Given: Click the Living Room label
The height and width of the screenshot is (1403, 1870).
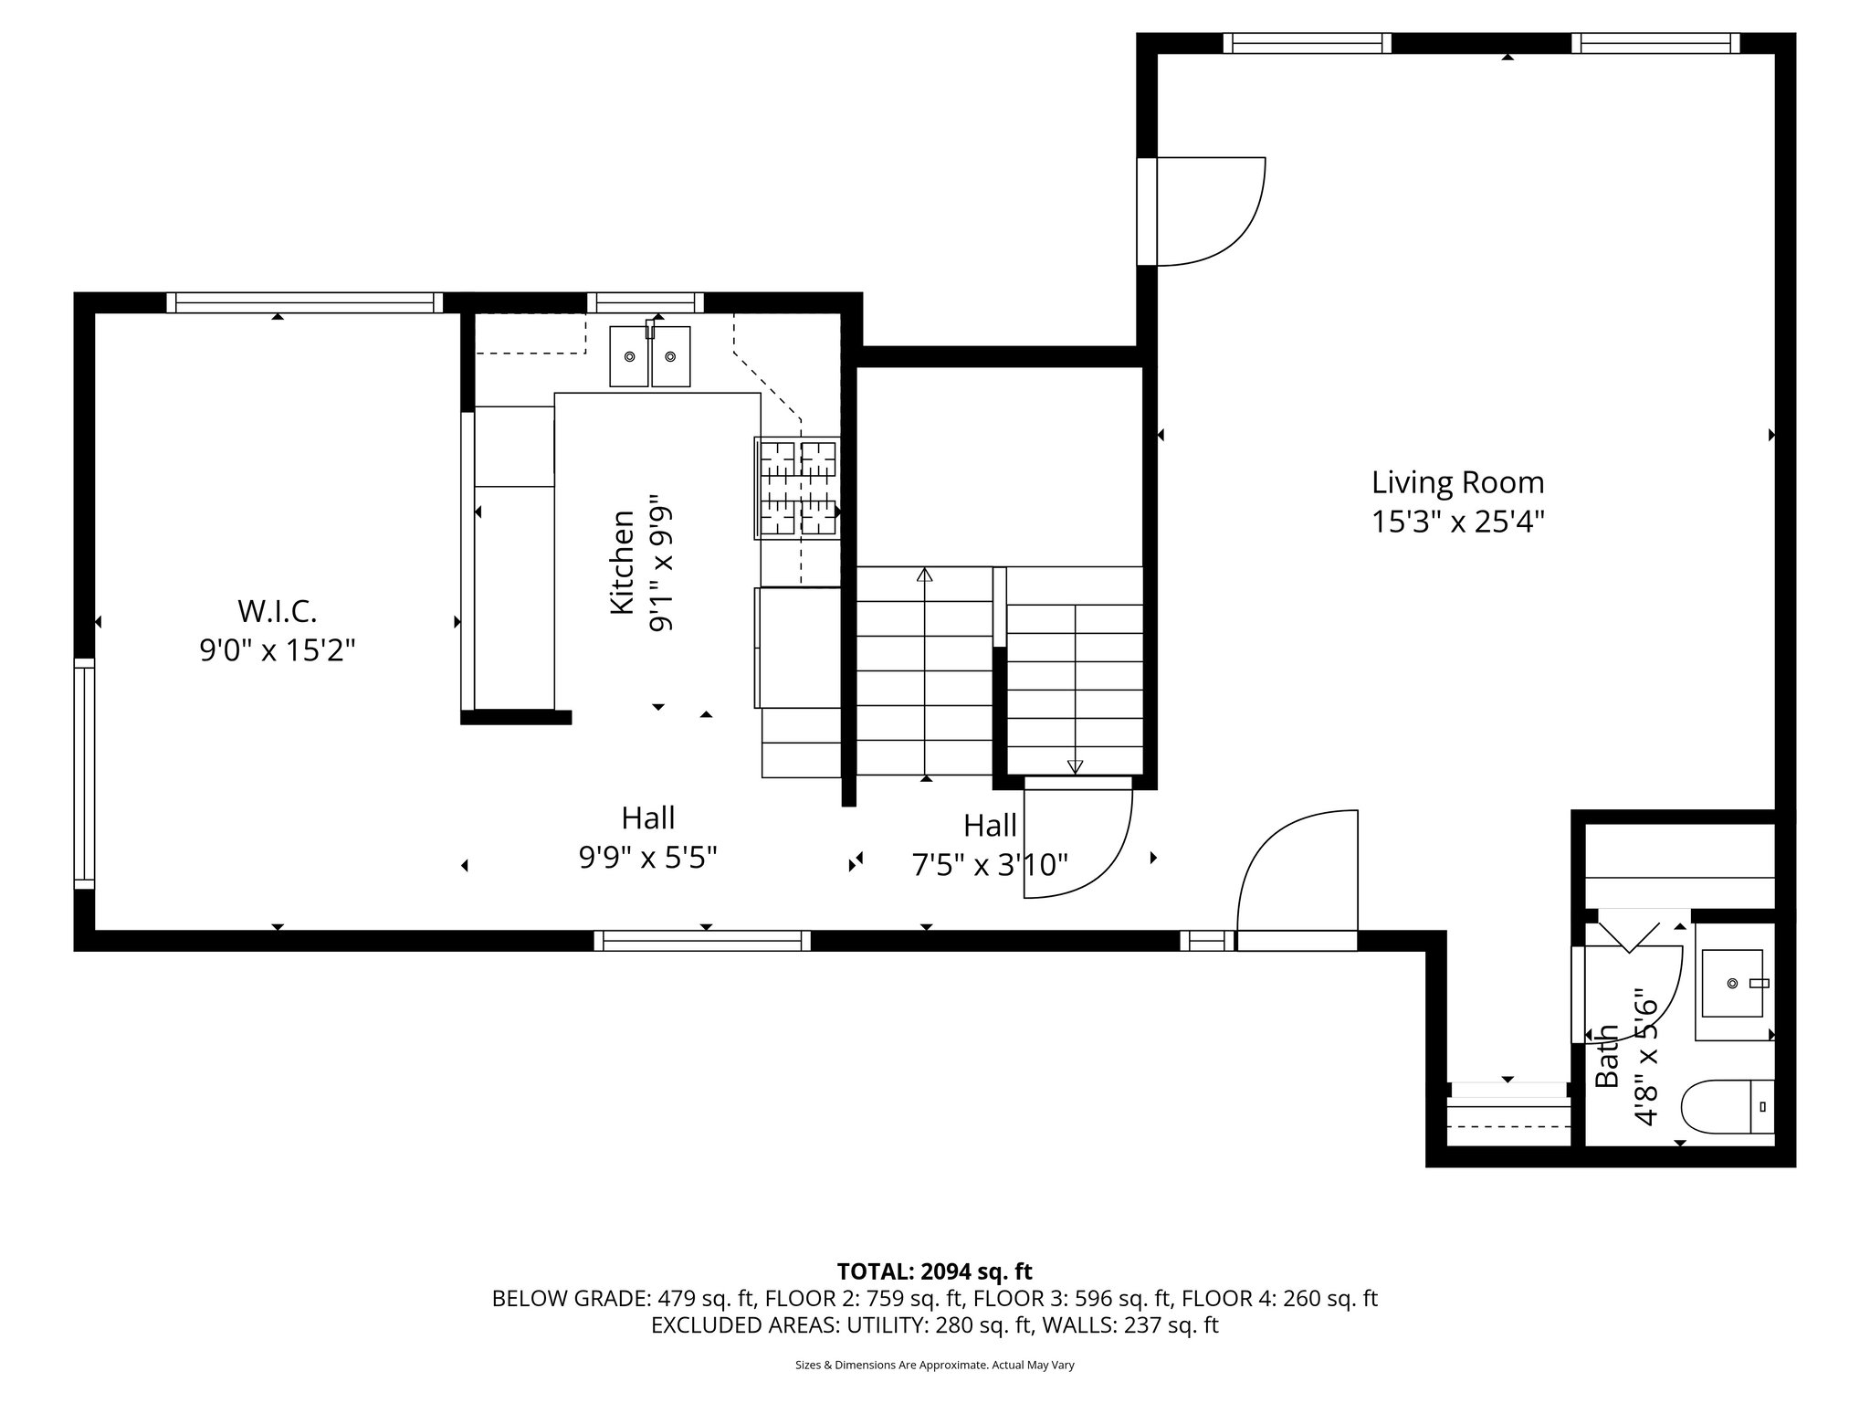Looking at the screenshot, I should [x=1457, y=482].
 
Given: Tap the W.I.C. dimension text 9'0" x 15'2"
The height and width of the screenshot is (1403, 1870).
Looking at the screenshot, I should [x=278, y=650].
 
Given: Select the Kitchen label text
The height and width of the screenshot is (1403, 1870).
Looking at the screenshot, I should [x=622, y=563].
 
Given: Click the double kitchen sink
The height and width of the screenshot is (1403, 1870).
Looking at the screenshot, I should [x=650, y=356].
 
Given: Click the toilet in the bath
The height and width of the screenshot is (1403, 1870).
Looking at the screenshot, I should [x=1727, y=1106].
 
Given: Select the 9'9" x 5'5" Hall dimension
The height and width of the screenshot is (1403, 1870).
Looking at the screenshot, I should [x=648, y=858].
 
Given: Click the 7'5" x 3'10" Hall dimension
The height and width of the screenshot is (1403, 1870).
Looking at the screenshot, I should [x=990, y=864].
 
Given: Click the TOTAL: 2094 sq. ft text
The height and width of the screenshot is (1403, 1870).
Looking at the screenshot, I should [x=934, y=1271].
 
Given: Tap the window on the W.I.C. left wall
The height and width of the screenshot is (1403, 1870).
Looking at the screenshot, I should [x=84, y=773].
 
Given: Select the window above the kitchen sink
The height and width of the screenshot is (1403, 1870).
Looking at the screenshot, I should [x=646, y=302].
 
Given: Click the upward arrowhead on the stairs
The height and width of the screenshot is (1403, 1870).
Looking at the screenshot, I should [x=925, y=575].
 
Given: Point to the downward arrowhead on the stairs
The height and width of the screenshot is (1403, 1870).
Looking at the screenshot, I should [x=1075, y=766].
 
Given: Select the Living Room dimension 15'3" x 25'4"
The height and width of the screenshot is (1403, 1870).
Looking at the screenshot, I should [x=1457, y=522].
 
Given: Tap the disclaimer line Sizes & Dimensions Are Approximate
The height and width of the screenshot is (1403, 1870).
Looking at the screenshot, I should [x=934, y=1365].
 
